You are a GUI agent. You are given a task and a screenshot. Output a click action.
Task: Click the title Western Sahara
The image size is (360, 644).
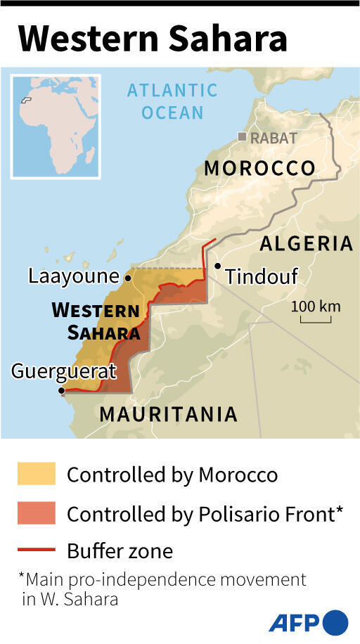coord(152,38)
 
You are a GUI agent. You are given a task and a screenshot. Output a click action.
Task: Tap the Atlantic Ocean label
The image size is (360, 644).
coord(172,101)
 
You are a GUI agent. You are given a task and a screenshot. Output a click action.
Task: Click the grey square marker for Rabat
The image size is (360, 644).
coord(242,137)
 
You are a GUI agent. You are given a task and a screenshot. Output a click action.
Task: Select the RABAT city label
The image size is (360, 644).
coord(274,138)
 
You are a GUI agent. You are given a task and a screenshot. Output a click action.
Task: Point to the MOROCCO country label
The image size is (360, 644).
coord(259,168)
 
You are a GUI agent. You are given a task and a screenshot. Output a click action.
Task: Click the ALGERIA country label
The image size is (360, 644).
coord(306,243)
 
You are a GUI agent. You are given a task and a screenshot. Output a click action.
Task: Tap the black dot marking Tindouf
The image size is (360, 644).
coord(218,266)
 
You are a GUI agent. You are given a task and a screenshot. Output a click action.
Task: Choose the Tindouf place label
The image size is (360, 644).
coord(262,276)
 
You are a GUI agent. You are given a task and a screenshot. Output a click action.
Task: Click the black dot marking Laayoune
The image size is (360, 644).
coord(128,276)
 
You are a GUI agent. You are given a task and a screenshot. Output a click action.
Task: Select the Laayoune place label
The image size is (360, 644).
coord(73,276)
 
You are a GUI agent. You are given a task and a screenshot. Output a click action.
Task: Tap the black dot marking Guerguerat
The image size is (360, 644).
coord(63,390)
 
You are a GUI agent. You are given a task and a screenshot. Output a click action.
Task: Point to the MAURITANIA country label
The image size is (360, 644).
coord(168,413)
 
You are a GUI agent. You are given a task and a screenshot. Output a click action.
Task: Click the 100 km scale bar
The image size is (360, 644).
coord(316,321)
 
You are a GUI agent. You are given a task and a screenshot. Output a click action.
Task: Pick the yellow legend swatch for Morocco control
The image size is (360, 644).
coord(36,474)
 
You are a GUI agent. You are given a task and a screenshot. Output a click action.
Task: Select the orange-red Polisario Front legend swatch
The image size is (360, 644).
coord(36,513)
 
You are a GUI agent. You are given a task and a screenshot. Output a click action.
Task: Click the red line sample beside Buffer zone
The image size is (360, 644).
coord(36,550)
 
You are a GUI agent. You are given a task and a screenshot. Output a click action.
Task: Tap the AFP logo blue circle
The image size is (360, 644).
coord(335,622)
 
